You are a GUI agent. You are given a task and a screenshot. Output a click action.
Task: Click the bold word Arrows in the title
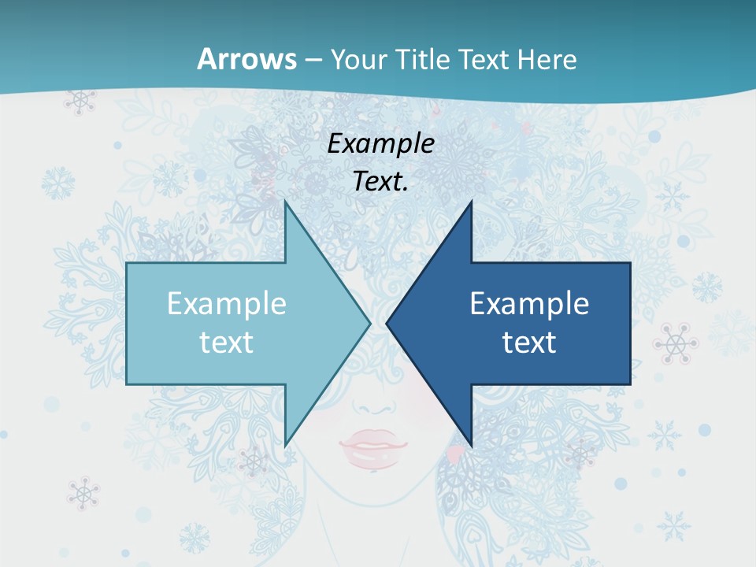click(247, 59)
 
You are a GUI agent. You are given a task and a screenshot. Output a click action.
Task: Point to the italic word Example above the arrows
click(381, 143)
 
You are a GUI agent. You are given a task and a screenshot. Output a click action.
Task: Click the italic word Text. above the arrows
click(381, 181)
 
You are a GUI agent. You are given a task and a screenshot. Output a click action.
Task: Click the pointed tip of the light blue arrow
click(369, 323)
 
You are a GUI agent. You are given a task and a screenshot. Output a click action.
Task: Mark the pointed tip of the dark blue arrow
click(387, 323)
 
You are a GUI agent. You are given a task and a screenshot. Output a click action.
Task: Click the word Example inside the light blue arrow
click(227, 304)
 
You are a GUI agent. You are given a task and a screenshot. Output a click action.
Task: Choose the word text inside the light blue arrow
click(227, 342)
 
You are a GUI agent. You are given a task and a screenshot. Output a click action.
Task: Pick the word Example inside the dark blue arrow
click(529, 304)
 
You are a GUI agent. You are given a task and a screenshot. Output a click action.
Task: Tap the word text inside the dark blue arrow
click(529, 342)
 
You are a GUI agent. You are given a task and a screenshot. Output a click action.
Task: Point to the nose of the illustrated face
click(380, 409)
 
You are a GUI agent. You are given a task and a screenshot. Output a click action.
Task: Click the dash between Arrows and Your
click(313, 60)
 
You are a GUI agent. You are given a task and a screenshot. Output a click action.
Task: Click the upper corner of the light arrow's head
click(285, 202)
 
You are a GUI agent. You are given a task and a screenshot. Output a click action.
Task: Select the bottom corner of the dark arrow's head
click(471, 446)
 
